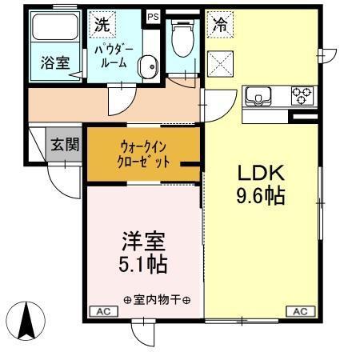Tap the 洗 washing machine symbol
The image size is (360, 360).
101,24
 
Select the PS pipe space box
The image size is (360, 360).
152,15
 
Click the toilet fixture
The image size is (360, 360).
182,36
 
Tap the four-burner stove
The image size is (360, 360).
302,95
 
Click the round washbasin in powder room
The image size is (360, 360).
148,66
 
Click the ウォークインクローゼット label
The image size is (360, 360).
145,154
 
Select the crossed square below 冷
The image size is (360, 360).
219,61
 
